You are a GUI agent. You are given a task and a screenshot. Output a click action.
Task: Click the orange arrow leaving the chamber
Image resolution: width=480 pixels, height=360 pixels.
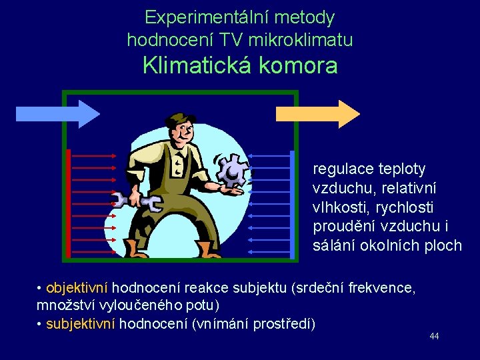[x=317, y=114]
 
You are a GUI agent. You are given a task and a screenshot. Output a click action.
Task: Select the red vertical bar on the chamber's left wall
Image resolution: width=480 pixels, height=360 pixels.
[x=69, y=203]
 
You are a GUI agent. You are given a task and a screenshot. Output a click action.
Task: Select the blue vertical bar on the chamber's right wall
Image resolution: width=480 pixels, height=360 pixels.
[x=291, y=203]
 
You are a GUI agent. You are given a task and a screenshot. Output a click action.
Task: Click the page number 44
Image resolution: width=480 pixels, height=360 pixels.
[x=434, y=337]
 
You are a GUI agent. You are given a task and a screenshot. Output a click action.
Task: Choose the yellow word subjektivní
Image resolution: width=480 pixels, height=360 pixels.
[x=81, y=324]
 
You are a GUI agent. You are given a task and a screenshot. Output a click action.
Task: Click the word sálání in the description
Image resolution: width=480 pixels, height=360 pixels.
[x=335, y=245]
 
